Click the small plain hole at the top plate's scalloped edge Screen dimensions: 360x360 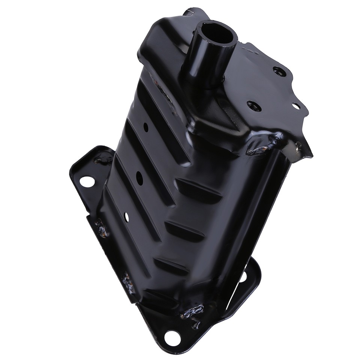point(296,106)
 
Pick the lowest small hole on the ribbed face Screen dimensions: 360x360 point(126,216)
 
